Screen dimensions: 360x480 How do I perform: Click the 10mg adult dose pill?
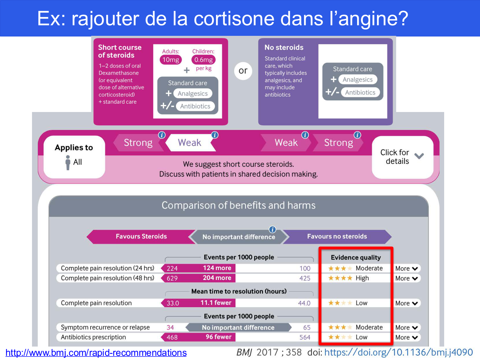[x=171, y=60]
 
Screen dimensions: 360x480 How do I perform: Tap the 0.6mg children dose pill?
[x=203, y=60]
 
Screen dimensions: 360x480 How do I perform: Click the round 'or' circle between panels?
[x=243, y=71]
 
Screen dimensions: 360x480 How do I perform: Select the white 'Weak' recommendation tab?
[x=189, y=143]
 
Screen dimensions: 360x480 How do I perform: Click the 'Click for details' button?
[x=402, y=157]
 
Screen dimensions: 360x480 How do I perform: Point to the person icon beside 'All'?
[x=68, y=162]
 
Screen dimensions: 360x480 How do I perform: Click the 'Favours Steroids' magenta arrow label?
[x=141, y=236]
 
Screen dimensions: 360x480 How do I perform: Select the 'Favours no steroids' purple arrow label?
[x=337, y=236]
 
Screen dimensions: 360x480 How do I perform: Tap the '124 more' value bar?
[x=217, y=268]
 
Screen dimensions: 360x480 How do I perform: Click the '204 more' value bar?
[x=217, y=278]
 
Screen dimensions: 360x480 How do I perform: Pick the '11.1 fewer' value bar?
[x=216, y=303]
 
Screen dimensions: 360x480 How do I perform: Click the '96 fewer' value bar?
[x=218, y=337]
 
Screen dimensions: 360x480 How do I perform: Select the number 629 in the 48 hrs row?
[x=172, y=278]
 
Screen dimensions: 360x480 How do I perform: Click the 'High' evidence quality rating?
[x=362, y=278]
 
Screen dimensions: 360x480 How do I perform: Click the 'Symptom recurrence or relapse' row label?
[x=105, y=327]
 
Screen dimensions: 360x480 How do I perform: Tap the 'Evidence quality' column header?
[x=356, y=258]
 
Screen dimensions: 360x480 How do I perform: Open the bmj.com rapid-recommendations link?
[x=96, y=353]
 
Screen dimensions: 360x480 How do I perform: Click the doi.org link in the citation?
[x=398, y=352]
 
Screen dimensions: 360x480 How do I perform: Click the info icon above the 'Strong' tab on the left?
[x=162, y=135]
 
